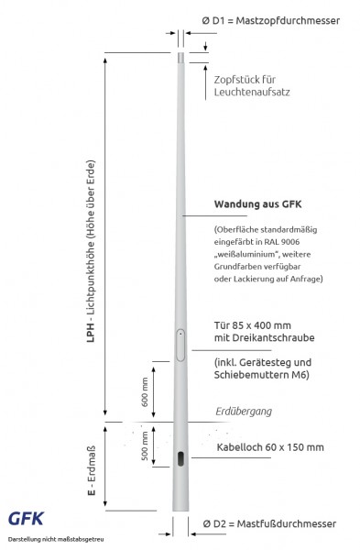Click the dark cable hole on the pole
point(180,458)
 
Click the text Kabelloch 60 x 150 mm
point(268,447)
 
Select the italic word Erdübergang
point(243,412)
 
